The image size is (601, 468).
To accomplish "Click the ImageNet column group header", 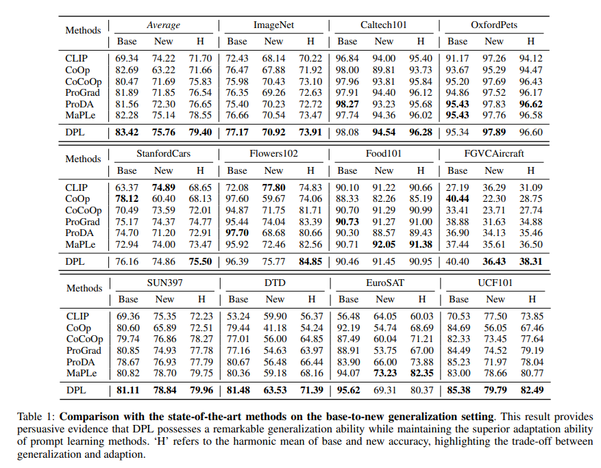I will (273, 25).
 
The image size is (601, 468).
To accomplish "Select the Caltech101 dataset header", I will (384, 25).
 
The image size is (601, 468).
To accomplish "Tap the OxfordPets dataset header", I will (493, 25).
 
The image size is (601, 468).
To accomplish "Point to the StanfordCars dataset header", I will (163, 154).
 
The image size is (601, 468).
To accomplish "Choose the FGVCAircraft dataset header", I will (494, 154).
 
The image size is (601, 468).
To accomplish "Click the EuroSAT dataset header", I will (384, 283).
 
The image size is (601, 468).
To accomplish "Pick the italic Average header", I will (163, 25).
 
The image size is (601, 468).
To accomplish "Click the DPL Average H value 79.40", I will (200, 132).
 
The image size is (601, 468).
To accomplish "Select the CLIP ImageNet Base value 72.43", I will (237, 58).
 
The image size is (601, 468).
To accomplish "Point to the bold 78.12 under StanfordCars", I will (127, 198).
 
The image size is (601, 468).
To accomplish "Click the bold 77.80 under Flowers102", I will (273, 187).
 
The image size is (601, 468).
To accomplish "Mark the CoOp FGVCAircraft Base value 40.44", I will (457, 198).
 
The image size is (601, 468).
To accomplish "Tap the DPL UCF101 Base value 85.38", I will (458, 389).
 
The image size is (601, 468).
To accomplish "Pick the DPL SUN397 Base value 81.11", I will (128, 389).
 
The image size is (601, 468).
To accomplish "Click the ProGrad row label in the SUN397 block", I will (83, 350).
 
